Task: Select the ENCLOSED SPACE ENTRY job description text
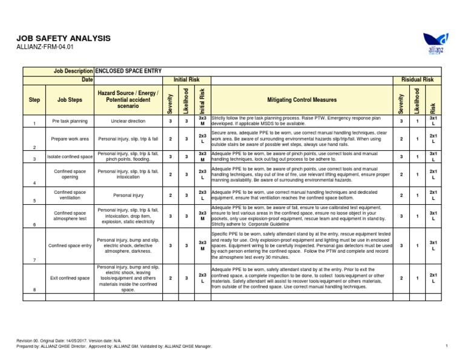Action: click(x=128, y=71)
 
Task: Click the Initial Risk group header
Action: click(x=186, y=79)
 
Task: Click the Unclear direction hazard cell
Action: click(x=128, y=121)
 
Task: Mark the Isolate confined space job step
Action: click(x=70, y=157)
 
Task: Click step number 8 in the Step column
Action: click(x=35, y=290)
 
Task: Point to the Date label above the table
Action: click(x=87, y=79)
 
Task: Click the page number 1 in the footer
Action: click(x=446, y=345)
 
